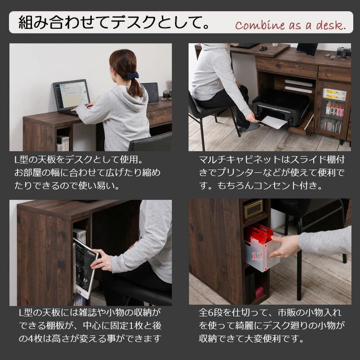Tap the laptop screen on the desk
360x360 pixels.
point(71,95)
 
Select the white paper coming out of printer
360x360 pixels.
point(275,122)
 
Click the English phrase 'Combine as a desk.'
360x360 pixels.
point(290,25)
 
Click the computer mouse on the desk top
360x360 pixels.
point(263,48)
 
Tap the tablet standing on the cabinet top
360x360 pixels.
point(307,49)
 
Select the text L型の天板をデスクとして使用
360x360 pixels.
point(74,160)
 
